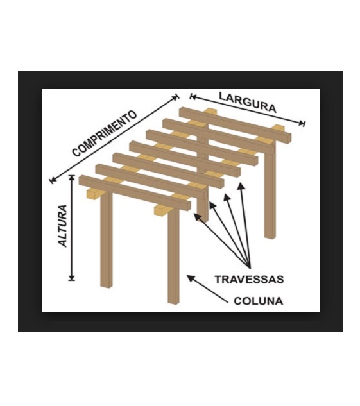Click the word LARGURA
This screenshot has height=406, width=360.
pyautogui.click(x=248, y=102)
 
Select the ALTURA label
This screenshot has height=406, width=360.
pyautogui.click(x=63, y=226)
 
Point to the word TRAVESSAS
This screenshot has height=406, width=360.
pyautogui.click(x=249, y=280)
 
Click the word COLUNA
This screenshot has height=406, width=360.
pyautogui.click(x=258, y=301)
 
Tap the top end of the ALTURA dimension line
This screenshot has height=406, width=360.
pyautogui.click(x=72, y=176)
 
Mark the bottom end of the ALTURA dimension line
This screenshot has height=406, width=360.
pyautogui.click(x=72, y=279)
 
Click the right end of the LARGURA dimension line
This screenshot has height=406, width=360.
pyautogui.click(x=304, y=123)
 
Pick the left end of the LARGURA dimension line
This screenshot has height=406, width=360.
pyautogui.click(x=191, y=97)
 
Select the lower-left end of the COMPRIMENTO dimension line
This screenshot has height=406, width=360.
pyautogui.click(x=52, y=180)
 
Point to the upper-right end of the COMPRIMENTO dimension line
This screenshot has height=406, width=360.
pyautogui.click(x=177, y=97)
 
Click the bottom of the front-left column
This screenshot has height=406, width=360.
pyautogui.click(x=107, y=286)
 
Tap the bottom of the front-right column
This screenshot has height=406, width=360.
pyautogui.click(x=173, y=301)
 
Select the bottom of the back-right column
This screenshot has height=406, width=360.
pyautogui.click(x=270, y=237)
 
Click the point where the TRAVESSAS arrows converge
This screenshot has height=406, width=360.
pyautogui.click(x=250, y=267)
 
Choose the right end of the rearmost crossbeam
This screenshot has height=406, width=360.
pyautogui.click(x=289, y=137)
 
